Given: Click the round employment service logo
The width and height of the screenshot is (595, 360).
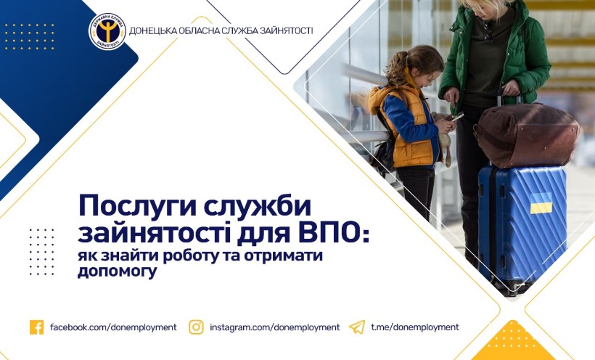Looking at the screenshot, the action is click(107, 31).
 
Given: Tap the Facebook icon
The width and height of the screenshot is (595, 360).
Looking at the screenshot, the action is click(37, 327).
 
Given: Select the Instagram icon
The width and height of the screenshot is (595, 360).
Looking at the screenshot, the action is click(196, 327).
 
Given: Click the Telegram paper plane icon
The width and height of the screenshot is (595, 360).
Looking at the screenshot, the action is click(357, 327).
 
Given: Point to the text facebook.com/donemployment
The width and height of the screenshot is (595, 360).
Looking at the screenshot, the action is click(113, 327).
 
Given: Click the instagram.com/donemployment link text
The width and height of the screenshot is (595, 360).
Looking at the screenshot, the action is click(275, 327).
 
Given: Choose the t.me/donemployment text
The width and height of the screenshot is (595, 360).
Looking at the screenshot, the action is click(415, 327).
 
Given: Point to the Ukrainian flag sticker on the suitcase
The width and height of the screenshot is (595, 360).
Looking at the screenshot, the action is click(541, 203).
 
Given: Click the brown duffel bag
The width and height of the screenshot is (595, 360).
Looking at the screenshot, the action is click(528, 135).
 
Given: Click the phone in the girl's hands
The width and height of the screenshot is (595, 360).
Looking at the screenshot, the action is click(456, 117).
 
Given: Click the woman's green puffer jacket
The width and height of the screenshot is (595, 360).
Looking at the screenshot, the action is click(495, 53).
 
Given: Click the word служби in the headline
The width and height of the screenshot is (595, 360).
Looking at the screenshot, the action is click(258, 207).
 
